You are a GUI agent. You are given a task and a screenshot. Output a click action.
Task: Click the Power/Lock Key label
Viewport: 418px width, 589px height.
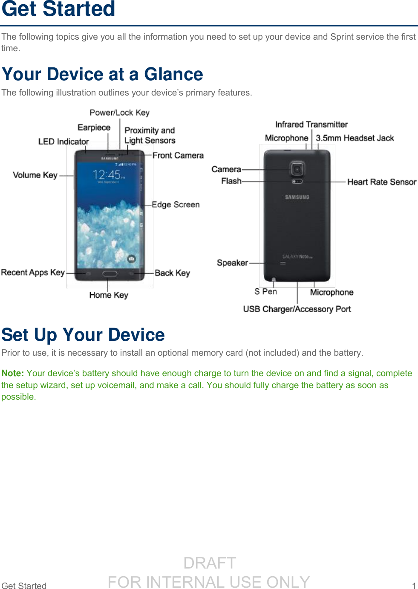(119, 113)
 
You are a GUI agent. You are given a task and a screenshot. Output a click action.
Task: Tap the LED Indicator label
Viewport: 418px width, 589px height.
(63, 142)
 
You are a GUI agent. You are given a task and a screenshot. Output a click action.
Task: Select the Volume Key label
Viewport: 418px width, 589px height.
(35, 175)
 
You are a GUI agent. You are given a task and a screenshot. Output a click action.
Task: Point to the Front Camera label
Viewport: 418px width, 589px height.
(178, 155)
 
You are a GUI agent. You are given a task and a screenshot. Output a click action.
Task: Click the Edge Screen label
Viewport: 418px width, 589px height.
(176, 205)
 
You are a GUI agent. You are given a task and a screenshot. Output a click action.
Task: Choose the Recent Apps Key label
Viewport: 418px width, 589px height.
(33, 273)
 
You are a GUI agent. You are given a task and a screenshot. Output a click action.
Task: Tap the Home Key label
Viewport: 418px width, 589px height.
(109, 295)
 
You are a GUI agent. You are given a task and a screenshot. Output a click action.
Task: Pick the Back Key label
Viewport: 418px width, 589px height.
(172, 273)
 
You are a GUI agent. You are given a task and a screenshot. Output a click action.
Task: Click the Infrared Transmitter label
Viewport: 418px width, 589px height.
(311, 125)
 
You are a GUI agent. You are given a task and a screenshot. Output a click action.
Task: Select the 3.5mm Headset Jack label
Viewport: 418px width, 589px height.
(355, 138)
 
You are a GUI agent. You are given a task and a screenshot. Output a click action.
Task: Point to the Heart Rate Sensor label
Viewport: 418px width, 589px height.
(381, 182)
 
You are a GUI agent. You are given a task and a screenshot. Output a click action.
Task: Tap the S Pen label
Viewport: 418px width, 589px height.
(265, 291)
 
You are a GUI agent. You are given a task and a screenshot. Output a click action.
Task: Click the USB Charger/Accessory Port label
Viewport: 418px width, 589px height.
(297, 309)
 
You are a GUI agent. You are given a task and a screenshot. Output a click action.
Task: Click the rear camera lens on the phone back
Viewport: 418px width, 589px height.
(297, 169)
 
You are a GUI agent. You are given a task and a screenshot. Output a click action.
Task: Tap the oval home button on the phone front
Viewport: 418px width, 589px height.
(110, 273)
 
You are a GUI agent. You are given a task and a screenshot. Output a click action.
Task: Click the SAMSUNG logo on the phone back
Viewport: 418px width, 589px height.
(297, 197)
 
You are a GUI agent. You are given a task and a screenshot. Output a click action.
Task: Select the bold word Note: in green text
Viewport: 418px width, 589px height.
(12, 373)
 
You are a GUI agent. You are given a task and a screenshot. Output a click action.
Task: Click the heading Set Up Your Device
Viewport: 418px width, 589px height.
(83, 335)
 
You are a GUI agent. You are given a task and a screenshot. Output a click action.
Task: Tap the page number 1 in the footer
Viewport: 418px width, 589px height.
(414, 586)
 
